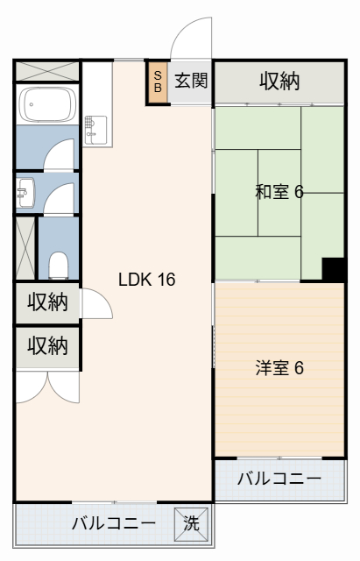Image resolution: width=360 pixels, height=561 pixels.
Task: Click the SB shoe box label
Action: (158, 82)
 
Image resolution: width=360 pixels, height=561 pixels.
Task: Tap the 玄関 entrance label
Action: (191, 82)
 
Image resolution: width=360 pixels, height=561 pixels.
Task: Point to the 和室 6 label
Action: (279, 192)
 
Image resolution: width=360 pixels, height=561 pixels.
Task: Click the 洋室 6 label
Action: (279, 367)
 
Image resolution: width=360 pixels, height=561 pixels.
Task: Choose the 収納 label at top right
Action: (279, 82)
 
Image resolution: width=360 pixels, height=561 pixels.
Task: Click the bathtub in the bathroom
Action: (47, 107)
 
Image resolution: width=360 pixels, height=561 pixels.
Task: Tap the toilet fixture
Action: (58, 263)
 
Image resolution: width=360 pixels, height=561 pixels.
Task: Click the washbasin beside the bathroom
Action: (25, 191)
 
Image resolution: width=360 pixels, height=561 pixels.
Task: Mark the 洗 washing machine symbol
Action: (191, 523)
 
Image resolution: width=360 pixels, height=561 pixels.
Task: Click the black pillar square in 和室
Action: (333, 269)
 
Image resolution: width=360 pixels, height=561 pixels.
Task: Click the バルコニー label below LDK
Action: (113, 524)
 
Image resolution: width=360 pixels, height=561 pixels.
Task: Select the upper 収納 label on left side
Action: (47, 302)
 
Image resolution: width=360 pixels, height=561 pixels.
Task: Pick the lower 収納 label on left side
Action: (47, 346)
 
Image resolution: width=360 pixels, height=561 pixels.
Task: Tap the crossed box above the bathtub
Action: (47, 70)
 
